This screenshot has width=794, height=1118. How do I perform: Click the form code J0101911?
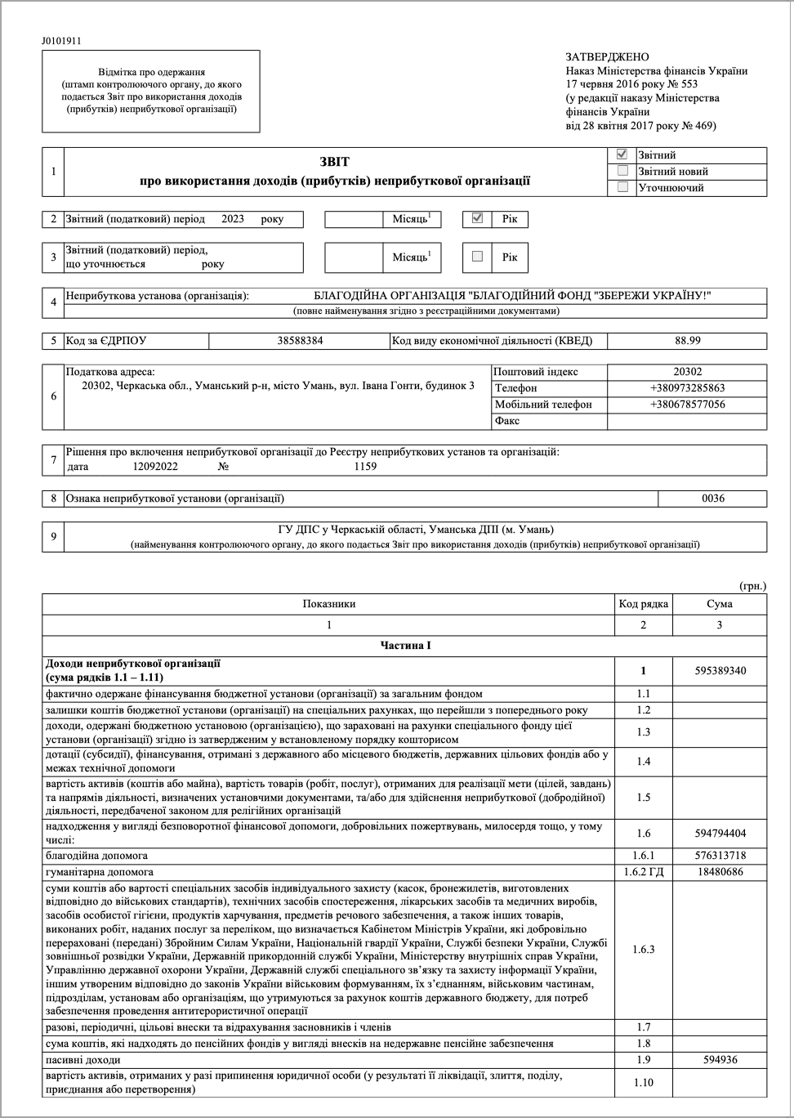point(61,41)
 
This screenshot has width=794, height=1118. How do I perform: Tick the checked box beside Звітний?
point(622,154)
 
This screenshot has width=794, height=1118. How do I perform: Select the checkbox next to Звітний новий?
point(622,171)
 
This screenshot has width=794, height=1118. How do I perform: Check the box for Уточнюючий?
point(622,187)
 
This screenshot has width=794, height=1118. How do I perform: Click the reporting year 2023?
point(233,219)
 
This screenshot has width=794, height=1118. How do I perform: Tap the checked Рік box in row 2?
point(478,218)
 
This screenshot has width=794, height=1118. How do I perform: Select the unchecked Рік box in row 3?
point(478,257)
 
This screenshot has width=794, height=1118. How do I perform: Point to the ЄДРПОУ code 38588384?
point(300,341)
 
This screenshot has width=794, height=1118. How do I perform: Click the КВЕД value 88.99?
point(687,341)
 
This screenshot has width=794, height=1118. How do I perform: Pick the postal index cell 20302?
point(687,372)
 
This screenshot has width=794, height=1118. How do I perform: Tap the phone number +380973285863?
point(687,388)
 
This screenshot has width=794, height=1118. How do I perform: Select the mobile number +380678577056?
point(687,405)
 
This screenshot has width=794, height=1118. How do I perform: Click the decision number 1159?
point(365,467)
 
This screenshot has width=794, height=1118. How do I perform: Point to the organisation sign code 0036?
point(712,499)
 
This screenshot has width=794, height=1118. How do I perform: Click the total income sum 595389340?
point(720,671)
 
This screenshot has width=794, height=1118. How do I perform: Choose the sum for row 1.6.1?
point(720,856)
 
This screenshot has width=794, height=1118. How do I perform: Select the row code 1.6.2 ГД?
point(643,872)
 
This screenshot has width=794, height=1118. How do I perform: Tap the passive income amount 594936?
point(720,1060)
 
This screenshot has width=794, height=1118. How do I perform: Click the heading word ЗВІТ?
point(335,163)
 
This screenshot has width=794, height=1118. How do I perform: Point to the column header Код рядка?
point(643,604)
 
